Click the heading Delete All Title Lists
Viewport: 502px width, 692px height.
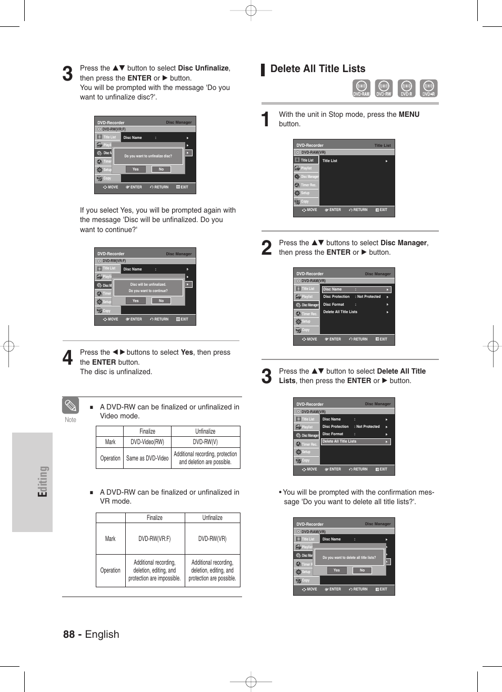point(317,69)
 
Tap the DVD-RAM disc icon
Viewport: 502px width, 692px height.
point(361,88)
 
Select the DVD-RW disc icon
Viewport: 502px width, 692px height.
point(384,88)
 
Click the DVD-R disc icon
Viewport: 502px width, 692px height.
point(406,88)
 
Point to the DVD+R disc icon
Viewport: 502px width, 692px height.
point(428,88)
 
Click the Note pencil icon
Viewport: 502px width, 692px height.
point(71,406)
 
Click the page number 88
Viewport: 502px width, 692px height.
point(69,634)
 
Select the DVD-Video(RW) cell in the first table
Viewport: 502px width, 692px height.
point(147,442)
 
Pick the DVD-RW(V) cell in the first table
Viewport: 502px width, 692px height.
point(205,442)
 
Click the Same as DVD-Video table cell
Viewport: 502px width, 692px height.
point(147,458)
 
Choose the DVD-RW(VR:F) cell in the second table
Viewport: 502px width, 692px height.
point(155,539)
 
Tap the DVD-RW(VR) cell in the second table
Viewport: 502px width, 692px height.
point(212,539)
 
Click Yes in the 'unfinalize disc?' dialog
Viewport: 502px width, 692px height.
point(136,169)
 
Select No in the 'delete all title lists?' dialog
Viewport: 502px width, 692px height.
point(362,570)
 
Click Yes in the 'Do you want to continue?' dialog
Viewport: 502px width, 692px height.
point(136,301)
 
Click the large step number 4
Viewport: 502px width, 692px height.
point(67,358)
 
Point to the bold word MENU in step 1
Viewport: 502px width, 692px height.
point(409,115)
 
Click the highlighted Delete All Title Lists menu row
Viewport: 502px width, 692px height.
point(356,442)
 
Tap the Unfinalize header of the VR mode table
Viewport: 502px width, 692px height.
point(212,518)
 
